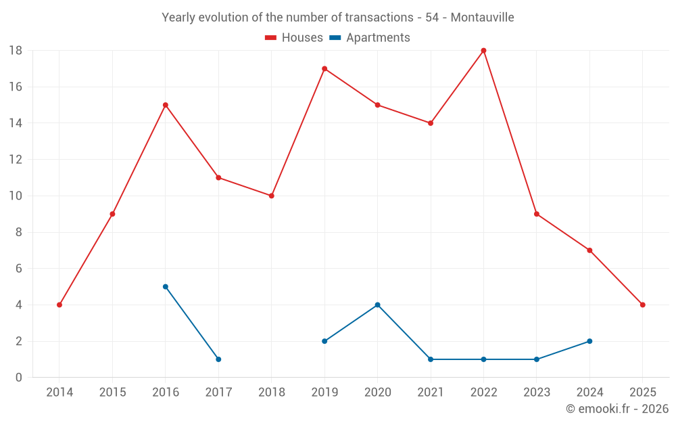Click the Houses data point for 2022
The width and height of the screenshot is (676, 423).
point(483,51)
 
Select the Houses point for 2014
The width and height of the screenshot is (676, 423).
point(59,305)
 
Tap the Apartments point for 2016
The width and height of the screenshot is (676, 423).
point(166,286)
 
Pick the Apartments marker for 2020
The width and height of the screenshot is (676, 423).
point(377,305)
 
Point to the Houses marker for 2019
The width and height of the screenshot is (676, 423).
point(324,68)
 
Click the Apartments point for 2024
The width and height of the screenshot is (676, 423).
point(589,341)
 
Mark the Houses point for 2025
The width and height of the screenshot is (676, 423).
point(642,305)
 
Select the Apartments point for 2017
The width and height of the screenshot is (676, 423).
point(218,359)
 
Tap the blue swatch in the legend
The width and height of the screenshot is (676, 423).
point(335,38)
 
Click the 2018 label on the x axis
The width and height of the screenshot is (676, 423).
point(271,393)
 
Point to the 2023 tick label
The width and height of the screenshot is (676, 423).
point(536,393)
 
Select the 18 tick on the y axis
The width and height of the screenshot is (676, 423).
point(16,51)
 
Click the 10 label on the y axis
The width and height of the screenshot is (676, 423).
point(16,196)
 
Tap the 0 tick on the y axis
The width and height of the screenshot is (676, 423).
point(19,378)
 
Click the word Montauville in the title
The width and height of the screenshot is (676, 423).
point(482,18)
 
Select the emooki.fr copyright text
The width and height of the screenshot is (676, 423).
point(617,409)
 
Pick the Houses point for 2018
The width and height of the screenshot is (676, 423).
point(271,196)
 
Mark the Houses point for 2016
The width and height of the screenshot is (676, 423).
point(166,105)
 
